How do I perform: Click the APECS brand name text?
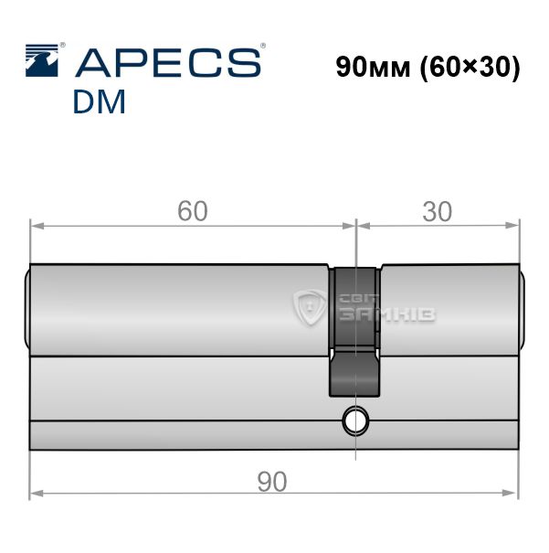point(168,63)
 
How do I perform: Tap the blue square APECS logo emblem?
point(42,60)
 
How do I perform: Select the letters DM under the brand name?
point(100,101)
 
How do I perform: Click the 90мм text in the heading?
point(374,67)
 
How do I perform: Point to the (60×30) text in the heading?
point(470,68)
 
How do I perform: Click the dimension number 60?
point(193,211)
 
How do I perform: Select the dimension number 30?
point(437,212)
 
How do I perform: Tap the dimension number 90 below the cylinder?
point(272,482)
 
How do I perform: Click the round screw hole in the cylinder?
point(355,421)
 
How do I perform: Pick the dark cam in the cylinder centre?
point(355,332)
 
